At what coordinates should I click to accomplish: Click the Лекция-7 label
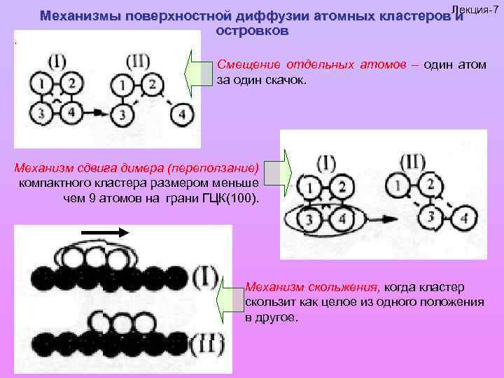tap(475, 7)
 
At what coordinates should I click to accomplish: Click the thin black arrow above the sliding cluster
tap(105, 232)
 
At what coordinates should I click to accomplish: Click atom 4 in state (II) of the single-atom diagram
tap(182, 114)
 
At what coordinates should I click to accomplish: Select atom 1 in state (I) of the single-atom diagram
tap(43, 85)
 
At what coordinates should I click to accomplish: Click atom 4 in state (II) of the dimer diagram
tap(464, 220)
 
